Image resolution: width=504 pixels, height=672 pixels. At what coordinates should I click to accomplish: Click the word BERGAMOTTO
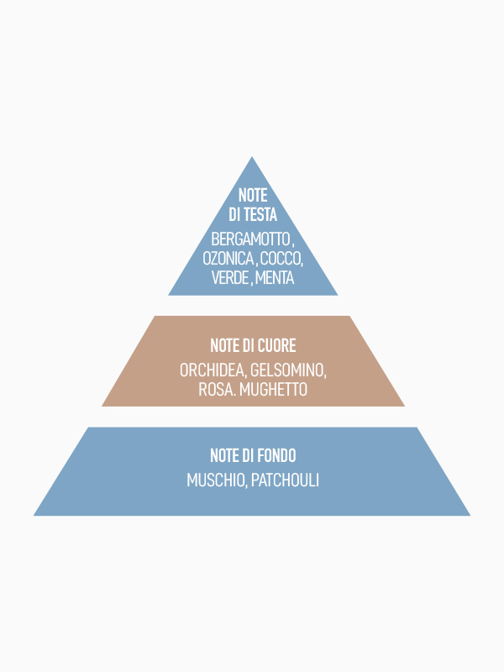(x=249, y=239)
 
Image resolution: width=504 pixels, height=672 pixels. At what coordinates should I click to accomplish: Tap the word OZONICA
(x=228, y=258)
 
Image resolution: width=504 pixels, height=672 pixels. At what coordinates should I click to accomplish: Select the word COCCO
(x=281, y=258)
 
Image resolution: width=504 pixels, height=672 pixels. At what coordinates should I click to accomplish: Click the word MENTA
(x=275, y=278)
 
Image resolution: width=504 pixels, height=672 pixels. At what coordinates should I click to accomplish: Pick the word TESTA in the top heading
(x=260, y=214)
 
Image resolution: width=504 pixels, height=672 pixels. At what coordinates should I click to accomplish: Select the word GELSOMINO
(x=288, y=370)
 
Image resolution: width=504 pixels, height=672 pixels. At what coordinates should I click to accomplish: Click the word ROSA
(x=216, y=390)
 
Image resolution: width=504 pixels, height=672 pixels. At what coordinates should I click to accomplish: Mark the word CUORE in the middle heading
(x=276, y=346)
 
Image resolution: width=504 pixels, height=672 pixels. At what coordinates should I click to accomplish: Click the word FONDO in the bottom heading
(x=276, y=456)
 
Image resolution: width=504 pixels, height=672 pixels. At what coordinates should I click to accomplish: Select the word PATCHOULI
(x=285, y=480)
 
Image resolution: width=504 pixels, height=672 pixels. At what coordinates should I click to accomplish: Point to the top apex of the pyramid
(x=252, y=157)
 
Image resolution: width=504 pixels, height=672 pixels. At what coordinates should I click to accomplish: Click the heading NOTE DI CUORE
(x=253, y=346)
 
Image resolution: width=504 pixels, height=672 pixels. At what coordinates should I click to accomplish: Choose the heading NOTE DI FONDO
(x=253, y=456)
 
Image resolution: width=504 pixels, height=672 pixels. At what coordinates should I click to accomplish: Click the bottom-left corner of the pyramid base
(x=35, y=514)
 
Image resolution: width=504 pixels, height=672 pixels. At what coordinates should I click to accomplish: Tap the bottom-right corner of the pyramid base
(x=469, y=514)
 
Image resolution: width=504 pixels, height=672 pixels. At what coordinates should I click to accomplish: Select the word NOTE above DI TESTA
(x=253, y=195)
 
